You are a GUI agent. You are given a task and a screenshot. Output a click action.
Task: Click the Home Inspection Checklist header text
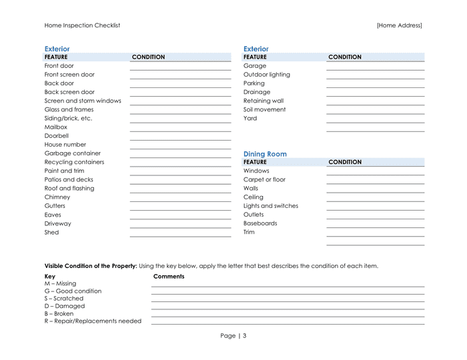pyautogui.click(x=82, y=25)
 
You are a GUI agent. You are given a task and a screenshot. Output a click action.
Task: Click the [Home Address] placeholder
pyautogui.click(x=399, y=25)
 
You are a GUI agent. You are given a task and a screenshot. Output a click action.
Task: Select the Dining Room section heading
pyautogui.click(x=265, y=154)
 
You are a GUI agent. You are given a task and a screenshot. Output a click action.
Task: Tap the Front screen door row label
pyautogui.click(x=69, y=75)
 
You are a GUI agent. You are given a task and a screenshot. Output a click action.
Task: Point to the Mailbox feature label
pyautogui.click(x=56, y=127)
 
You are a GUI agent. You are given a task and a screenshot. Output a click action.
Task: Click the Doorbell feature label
pyautogui.click(x=57, y=135)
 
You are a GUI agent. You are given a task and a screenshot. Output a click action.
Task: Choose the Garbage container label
pyautogui.click(x=73, y=153)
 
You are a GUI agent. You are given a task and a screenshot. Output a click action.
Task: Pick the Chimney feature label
pyautogui.click(x=57, y=197)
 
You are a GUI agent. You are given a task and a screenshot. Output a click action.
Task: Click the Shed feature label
pyautogui.click(x=51, y=232)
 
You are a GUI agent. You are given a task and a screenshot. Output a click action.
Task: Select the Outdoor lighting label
pyautogui.click(x=267, y=75)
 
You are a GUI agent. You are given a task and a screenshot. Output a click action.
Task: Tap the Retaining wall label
pyautogui.click(x=264, y=101)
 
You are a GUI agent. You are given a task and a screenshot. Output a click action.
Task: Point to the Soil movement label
pyautogui.click(x=264, y=109)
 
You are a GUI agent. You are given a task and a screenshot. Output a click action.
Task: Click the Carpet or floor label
pyautogui.click(x=264, y=179)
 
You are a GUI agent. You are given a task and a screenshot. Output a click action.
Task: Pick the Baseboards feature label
pyautogui.click(x=260, y=223)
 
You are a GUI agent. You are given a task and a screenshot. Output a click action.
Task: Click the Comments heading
pyautogui.click(x=169, y=276)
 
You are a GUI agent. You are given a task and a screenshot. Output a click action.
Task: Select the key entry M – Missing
pyautogui.click(x=60, y=283)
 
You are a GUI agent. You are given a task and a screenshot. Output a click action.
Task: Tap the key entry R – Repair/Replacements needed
pyautogui.click(x=93, y=321)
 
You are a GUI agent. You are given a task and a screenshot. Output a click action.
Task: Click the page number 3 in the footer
pyautogui.click(x=244, y=336)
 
